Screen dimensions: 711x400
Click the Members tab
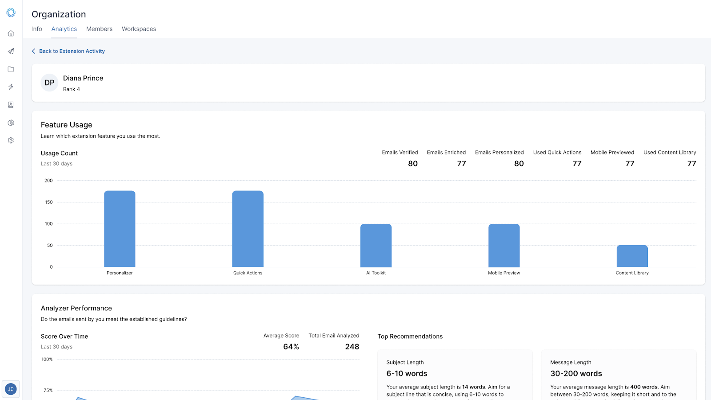pos(100,29)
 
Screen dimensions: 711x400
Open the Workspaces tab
pos(139,29)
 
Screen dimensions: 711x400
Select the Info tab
pos(37,29)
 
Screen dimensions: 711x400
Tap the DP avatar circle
pos(49,83)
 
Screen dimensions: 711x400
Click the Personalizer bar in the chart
pos(120,229)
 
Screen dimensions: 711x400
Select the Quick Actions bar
pos(248,229)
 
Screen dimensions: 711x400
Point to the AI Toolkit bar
pos(376,245)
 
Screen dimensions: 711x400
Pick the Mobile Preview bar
pos(504,245)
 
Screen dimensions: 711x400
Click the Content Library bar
pos(632,256)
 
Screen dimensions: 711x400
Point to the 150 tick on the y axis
pos(49,202)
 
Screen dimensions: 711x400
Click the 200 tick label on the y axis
pos(48,181)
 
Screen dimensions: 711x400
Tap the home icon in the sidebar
pos(11,33)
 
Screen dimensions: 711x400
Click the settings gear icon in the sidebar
pos(11,140)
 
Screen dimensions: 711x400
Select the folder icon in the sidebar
pos(11,69)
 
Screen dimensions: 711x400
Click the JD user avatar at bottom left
pos(11,389)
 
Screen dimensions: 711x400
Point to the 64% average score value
pos(291,347)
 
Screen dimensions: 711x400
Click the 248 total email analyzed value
pos(352,347)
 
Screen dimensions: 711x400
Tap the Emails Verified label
pos(400,152)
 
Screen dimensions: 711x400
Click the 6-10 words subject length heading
pos(407,373)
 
